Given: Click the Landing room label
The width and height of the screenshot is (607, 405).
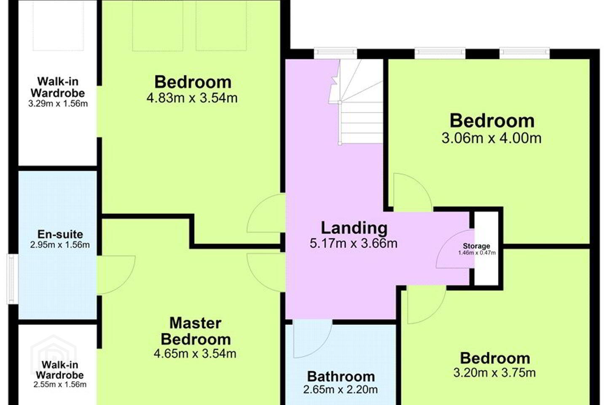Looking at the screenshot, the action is point(354,228).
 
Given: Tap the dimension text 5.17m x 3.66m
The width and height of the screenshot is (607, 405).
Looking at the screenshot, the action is point(354,243).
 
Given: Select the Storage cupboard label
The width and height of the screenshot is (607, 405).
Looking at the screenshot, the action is point(476,246).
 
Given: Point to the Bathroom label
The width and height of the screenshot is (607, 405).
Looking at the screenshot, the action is point(341,376).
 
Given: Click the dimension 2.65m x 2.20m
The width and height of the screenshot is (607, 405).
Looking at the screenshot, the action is point(340,390).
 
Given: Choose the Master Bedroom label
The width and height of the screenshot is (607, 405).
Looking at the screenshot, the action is point(196,331).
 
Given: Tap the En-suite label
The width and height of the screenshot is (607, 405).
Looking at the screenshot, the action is point(60,234).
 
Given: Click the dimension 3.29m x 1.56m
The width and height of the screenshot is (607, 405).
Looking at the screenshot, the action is point(58,104).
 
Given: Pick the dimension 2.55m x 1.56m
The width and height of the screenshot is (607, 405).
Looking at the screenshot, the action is point(60,384).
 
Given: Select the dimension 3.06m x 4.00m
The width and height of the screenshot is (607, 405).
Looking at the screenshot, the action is point(492,138).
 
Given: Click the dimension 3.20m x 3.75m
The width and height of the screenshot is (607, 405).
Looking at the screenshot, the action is point(494,373).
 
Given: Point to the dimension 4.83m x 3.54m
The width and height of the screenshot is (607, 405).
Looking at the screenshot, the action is point(192,97).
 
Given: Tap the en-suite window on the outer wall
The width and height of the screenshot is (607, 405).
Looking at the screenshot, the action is point(12,279).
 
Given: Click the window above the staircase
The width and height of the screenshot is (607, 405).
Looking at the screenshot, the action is point(336,54).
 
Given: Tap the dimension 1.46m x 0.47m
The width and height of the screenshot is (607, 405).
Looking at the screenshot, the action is point(477,253).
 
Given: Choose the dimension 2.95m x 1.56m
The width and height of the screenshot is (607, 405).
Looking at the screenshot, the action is point(60,245).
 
